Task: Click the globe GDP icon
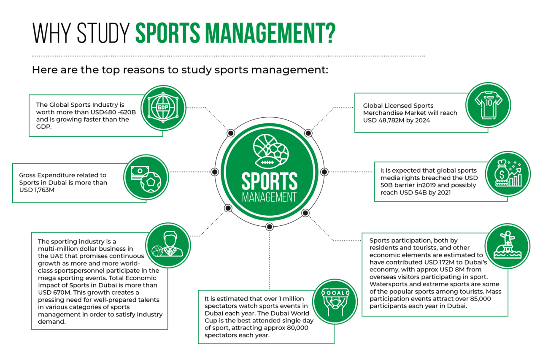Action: point(163,107)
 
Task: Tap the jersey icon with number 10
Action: point(488,104)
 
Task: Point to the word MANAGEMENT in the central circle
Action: point(269,197)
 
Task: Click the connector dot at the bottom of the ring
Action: point(270,227)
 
